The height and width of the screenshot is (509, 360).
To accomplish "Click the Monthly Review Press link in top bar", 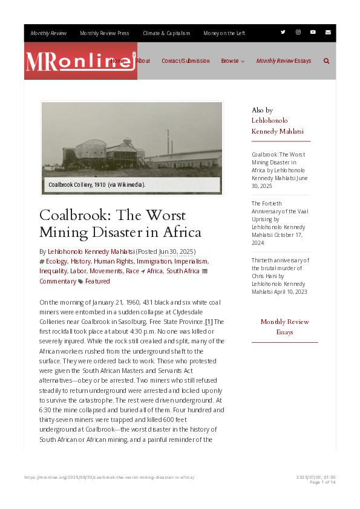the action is (104, 33).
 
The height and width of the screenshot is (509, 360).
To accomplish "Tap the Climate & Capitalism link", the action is (166, 33).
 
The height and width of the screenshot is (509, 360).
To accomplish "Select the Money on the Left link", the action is (224, 33).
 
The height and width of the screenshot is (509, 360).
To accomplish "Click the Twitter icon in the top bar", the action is (283, 32).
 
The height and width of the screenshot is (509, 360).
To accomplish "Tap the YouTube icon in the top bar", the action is (313, 32).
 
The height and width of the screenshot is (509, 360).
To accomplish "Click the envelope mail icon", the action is (328, 32).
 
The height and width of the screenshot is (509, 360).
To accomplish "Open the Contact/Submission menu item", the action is (186, 61).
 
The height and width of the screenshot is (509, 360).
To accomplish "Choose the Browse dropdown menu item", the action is (232, 61).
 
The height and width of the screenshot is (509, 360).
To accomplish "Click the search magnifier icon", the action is (327, 61).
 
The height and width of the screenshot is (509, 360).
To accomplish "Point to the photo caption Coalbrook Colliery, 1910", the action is (97, 184).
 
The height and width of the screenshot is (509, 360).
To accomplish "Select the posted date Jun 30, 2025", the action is (176, 251).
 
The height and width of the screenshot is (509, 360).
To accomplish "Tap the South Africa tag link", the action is (183, 271).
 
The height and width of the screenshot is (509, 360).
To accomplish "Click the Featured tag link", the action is (97, 281).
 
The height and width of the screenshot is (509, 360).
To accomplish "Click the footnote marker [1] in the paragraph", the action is (209, 322).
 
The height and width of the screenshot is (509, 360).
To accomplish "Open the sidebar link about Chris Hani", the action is (280, 276).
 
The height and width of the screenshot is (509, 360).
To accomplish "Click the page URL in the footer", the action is (109, 478).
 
